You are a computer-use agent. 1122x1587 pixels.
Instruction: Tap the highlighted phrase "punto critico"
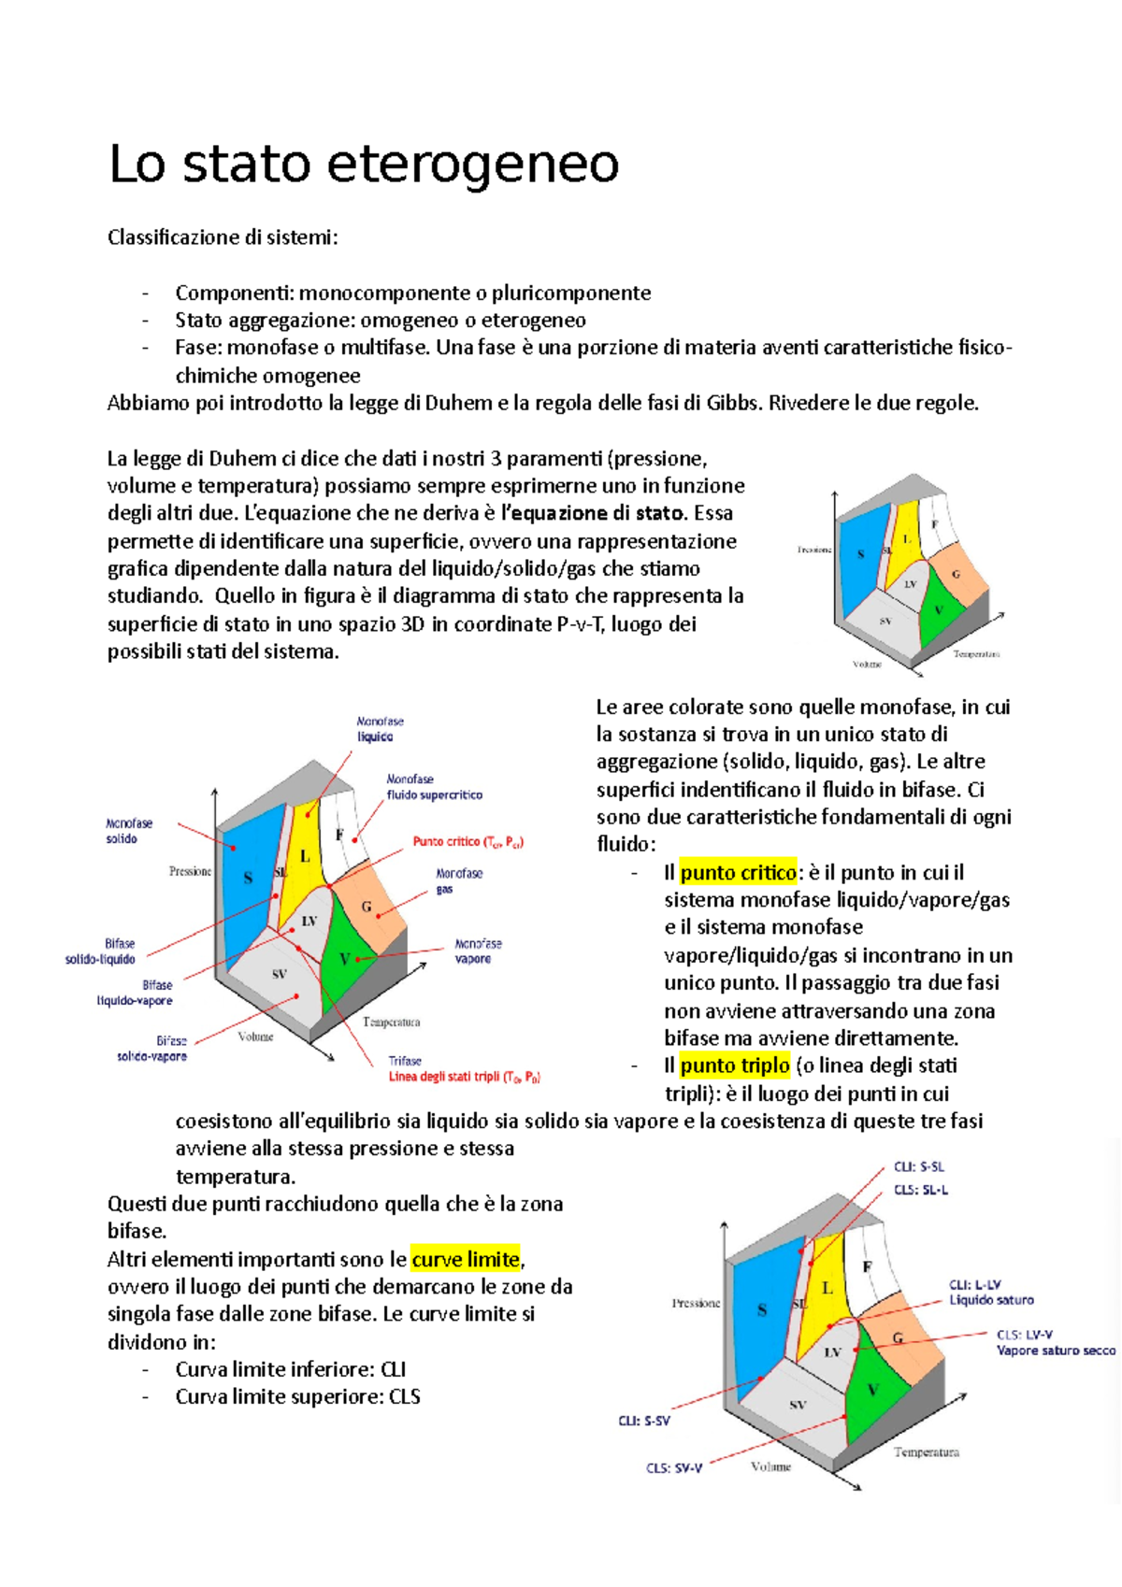coord(738,872)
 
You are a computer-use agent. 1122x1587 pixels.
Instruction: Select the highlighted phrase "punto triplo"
coord(735,1065)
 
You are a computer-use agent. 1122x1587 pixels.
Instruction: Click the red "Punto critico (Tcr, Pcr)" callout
coord(467,842)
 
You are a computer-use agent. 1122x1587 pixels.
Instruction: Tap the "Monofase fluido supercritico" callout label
coord(434,787)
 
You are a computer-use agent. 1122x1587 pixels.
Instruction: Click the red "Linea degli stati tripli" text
coord(464,1077)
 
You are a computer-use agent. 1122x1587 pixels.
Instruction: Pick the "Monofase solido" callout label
coord(128,831)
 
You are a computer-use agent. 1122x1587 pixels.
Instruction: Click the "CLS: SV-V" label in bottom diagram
coord(673,1468)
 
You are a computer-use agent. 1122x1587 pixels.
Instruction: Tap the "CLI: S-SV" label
coord(643,1421)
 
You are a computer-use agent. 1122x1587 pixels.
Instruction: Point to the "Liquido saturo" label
coord(991,1300)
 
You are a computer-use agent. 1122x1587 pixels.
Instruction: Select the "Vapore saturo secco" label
coord(1055,1351)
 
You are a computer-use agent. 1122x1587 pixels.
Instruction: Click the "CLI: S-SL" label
coord(918,1166)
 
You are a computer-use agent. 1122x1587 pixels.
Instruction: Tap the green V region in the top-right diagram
coord(939,610)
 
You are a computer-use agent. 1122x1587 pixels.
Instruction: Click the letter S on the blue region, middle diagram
coord(248,878)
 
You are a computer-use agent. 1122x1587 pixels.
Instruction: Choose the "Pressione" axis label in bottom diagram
coord(696,1303)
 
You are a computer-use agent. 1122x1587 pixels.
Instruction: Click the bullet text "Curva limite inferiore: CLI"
coord(290,1369)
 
